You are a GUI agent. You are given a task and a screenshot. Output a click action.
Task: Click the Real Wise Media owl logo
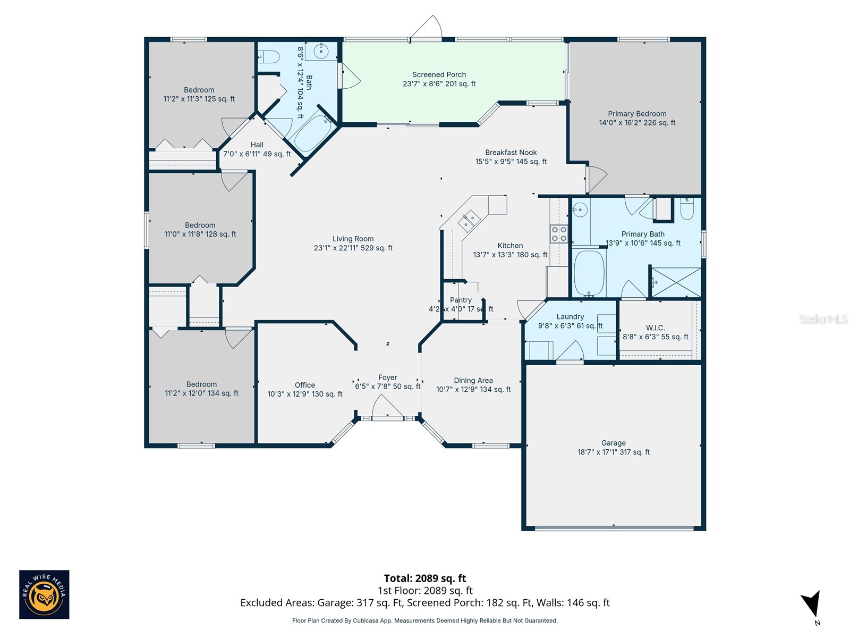pyautogui.click(x=44, y=594)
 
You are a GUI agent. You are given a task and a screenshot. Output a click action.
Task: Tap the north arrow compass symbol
pyautogui.click(x=811, y=605)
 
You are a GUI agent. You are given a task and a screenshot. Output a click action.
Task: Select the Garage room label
pyautogui.click(x=613, y=443)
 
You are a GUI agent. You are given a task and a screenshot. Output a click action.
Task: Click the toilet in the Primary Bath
pyautogui.click(x=686, y=209)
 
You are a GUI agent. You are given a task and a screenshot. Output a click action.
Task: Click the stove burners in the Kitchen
pyautogui.click(x=559, y=234)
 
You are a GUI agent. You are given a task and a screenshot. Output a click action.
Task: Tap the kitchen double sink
pyautogui.click(x=469, y=221)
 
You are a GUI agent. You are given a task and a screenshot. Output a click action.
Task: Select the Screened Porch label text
pyautogui.click(x=439, y=75)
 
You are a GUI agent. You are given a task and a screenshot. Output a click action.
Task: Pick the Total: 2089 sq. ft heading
pyautogui.click(x=425, y=578)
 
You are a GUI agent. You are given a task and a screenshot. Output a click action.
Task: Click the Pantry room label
pyautogui.click(x=461, y=300)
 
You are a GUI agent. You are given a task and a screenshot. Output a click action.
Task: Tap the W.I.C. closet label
pyautogui.click(x=655, y=328)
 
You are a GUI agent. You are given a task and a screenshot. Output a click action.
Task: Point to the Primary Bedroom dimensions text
pyautogui.click(x=637, y=123)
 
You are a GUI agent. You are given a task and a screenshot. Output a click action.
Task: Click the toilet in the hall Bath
pyautogui.click(x=269, y=56)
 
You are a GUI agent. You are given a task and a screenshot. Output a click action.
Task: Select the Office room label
pyautogui.click(x=305, y=385)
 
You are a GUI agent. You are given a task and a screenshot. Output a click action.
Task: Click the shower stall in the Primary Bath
pyautogui.click(x=676, y=282)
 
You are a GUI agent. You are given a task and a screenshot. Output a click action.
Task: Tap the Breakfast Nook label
pyautogui.click(x=511, y=153)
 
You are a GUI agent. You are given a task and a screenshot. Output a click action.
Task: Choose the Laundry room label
pyautogui.click(x=570, y=317)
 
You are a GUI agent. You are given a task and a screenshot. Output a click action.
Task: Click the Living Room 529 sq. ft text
pyautogui.click(x=353, y=248)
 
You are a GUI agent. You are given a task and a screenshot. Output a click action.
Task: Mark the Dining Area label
pyautogui.click(x=473, y=381)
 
